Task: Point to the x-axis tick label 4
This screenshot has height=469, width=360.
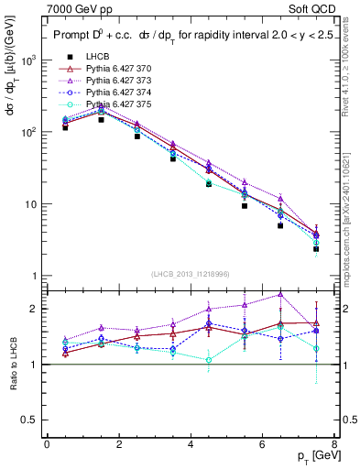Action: pyautogui.click(x=190, y=444)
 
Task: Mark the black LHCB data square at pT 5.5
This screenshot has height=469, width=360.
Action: pyautogui.click(x=245, y=206)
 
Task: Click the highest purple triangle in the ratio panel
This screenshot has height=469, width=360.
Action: pyautogui.click(x=280, y=294)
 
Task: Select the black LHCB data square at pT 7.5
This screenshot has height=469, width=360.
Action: pyautogui.click(x=316, y=248)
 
